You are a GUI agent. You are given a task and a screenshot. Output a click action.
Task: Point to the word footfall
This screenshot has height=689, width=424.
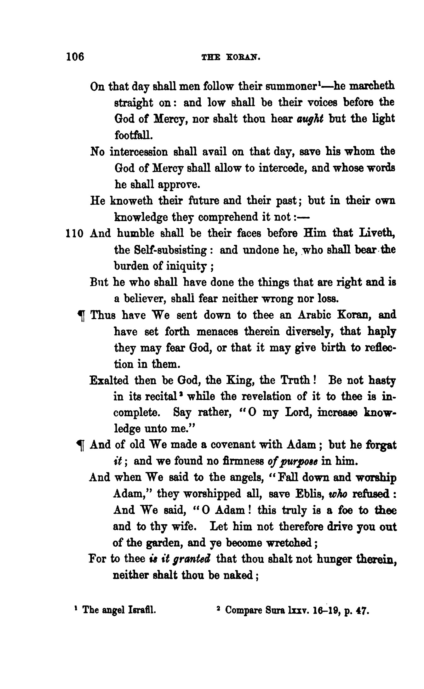click(134, 135)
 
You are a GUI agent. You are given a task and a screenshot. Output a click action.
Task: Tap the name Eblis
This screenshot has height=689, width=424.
click(308, 494)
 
